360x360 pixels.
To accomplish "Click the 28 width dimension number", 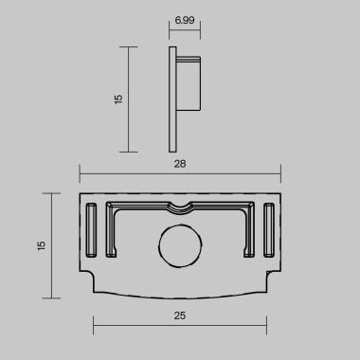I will coord(180,164).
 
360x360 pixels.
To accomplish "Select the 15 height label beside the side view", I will coord(117,99).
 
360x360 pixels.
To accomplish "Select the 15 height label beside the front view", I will coord(40,244).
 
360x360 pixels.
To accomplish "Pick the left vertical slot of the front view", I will coord(91,230).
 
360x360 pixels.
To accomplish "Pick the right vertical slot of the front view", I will coord(268,230).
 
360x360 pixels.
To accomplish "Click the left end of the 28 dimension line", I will coord(79,173).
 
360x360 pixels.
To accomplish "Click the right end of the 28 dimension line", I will coord(281,173).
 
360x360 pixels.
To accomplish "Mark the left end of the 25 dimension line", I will coord(93,325).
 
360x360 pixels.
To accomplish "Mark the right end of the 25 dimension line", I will coord(267,325).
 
